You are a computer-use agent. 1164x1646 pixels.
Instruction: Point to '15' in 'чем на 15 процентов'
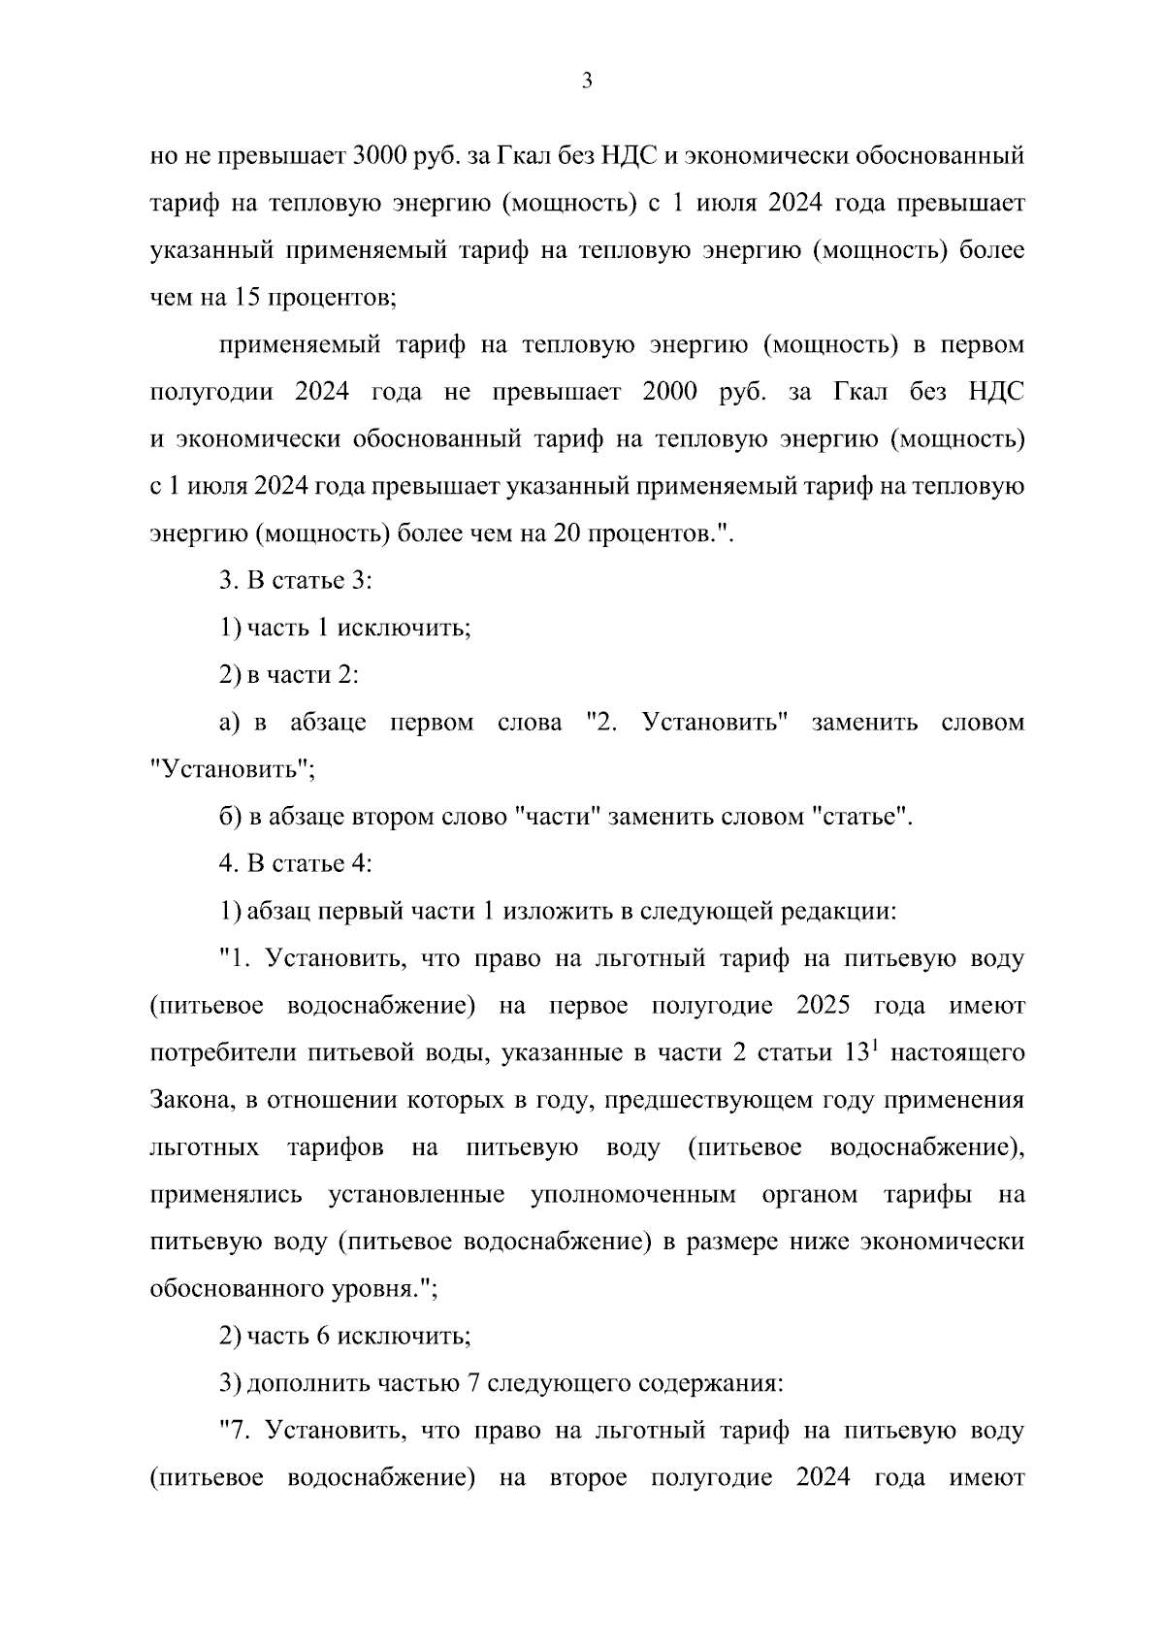244,298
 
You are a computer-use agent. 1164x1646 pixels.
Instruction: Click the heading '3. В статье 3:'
296,581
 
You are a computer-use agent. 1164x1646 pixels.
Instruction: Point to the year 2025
823,1006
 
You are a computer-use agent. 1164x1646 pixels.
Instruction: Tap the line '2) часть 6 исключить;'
345,1337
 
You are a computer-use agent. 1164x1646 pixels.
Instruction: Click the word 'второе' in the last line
587,1478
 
